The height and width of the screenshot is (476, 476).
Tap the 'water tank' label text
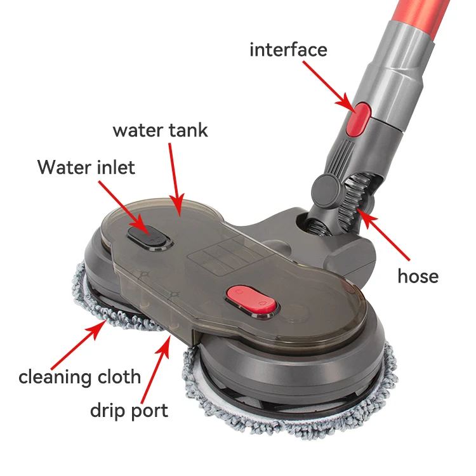point(160,130)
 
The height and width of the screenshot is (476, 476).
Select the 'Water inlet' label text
point(86,168)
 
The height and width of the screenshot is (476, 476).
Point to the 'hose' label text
point(418,276)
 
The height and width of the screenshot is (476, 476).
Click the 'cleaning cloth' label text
point(79,376)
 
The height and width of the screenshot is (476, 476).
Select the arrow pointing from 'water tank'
point(176,177)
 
